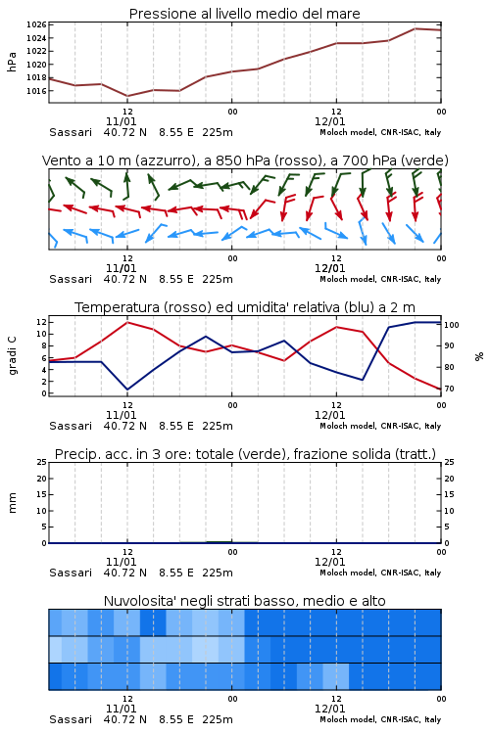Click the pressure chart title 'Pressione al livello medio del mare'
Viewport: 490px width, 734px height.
(x=244, y=14)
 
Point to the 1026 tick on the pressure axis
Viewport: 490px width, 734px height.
(x=36, y=24)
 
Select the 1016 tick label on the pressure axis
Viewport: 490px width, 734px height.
(x=36, y=91)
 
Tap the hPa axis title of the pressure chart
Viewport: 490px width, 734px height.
(x=12, y=62)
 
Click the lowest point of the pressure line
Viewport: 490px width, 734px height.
(x=127, y=96)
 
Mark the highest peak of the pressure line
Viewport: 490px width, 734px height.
(x=415, y=28)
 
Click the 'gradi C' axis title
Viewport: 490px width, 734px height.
(x=12, y=355)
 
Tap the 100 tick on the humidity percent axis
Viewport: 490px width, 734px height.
(x=452, y=325)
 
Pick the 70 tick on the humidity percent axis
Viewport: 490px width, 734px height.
(x=449, y=389)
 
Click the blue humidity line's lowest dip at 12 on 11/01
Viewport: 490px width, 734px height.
(x=127, y=390)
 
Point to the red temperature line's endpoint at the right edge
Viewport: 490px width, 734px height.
(x=441, y=389)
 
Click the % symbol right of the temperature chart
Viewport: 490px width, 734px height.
(x=479, y=356)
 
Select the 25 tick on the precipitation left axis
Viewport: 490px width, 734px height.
(x=42, y=462)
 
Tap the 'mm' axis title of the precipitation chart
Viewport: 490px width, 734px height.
(x=12, y=503)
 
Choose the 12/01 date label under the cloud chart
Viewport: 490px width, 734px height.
(x=329, y=709)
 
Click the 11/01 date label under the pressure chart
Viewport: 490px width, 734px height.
(x=121, y=121)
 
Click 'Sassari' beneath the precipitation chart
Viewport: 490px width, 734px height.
(x=71, y=573)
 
